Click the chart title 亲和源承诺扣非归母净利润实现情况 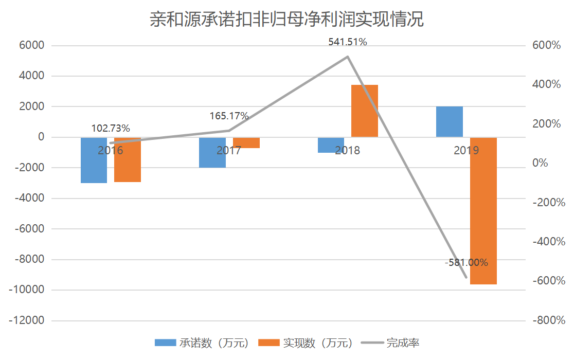tap(286, 20)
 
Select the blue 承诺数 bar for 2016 tap(94, 165)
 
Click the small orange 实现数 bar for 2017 tap(246, 142)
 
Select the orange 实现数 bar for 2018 tap(365, 111)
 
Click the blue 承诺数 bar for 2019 tap(450, 121)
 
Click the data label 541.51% tap(348, 42)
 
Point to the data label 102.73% tap(111, 128)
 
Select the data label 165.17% tap(229, 116)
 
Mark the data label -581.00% tap(466, 262)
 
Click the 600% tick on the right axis tap(546, 45)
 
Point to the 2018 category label tap(348, 151)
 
